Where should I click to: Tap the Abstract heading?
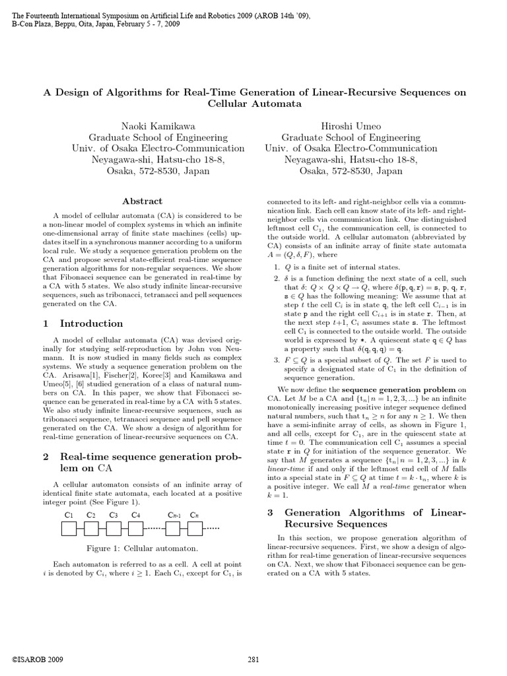tap(142, 201)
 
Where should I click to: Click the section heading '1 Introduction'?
tap(83, 323)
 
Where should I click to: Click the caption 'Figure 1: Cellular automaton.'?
tap(143, 549)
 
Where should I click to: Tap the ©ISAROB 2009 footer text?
tap(38, 659)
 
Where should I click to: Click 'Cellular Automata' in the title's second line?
tap(254, 104)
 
